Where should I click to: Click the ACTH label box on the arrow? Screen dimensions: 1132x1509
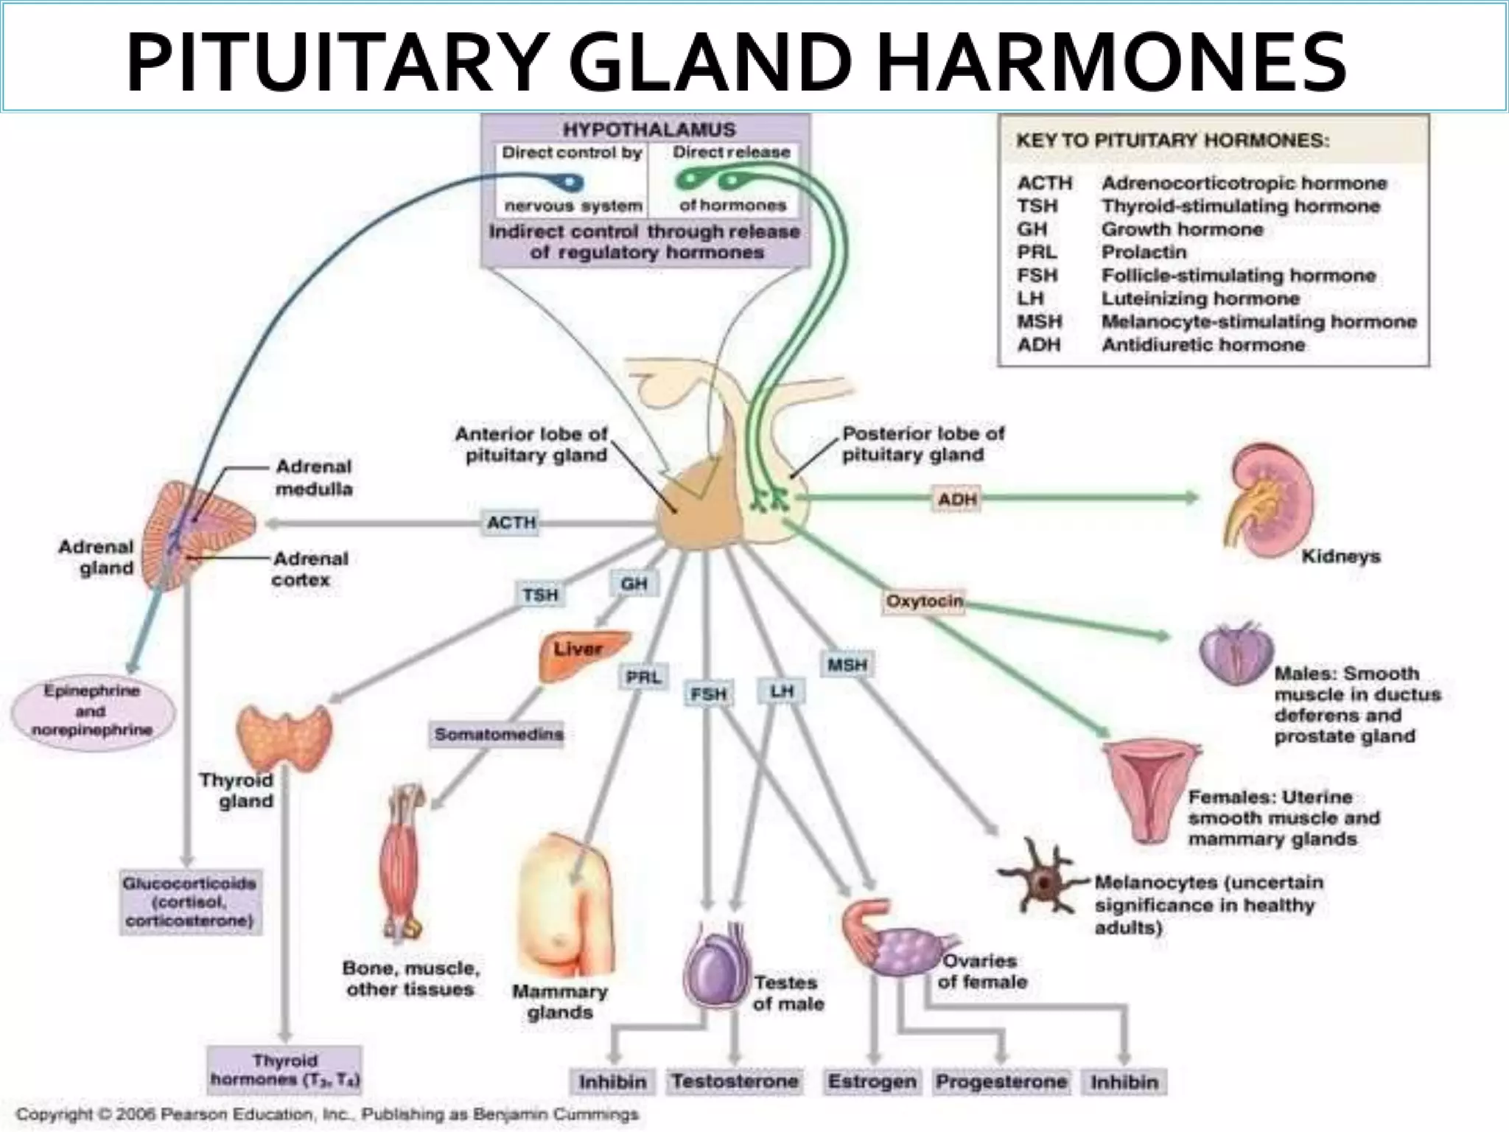pos(511,523)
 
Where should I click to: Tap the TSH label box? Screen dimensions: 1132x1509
pos(540,595)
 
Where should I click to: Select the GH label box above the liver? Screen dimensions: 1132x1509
pos(634,584)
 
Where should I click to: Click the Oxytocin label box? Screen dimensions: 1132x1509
pos(924,601)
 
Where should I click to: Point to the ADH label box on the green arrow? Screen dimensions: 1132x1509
pos(956,500)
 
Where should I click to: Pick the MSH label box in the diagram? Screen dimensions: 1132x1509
pos(847,665)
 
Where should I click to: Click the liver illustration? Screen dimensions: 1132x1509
pos(582,654)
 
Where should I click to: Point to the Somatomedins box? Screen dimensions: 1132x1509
pos(498,734)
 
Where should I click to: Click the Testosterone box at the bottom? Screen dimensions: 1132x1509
pos(735,1081)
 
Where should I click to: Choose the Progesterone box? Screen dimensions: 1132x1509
pos(1001,1081)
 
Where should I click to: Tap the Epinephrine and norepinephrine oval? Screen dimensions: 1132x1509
pos(92,710)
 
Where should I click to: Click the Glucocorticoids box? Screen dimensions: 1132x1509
pos(189,902)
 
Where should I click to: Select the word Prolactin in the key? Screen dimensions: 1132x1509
pos(1144,252)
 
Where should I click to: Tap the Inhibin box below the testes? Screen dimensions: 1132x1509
pos(612,1081)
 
